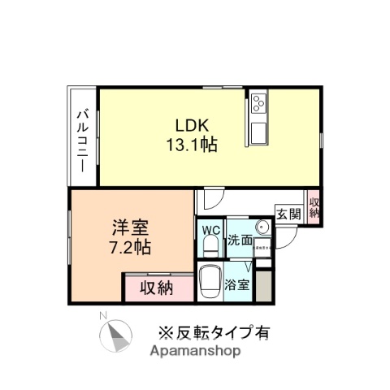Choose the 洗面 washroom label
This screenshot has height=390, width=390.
tap(239, 240)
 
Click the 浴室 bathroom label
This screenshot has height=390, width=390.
tap(237, 285)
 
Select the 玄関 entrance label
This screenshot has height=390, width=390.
tap(288, 214)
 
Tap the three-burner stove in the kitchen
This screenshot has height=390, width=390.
tap(258, 104)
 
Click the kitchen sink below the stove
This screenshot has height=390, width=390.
tap(258, 132)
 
